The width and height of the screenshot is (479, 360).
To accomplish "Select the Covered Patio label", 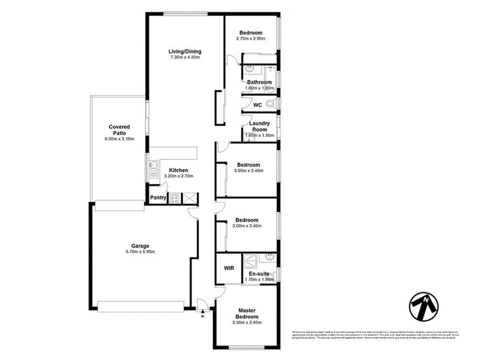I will click(120, 130).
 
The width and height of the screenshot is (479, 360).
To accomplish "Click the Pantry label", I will click(158, 198).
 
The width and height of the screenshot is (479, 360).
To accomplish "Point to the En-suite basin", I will click(270, 258).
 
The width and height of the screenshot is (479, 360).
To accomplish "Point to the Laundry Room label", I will click(260, 126).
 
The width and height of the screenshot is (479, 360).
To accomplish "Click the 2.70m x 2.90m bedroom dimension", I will click(251, 39).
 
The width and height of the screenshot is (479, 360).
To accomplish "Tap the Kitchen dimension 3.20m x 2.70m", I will click(179, 177).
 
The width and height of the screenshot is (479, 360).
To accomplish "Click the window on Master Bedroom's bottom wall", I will click(247, 347).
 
